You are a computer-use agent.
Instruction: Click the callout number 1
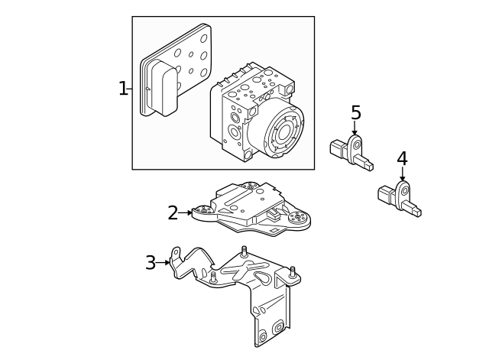click(x=123, y=89)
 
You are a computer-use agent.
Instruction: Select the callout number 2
click(x=173, y=213)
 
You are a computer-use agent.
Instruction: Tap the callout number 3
click(x=151, y=263)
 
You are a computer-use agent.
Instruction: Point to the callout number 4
click(x=402, y=159)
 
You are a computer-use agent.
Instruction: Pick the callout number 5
click(x=355, y=113)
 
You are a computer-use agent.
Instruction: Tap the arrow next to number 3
click(x=165, y=263)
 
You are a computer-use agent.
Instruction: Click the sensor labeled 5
click(x=351, y=151)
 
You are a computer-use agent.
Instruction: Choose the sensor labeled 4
click(x=399, y=197)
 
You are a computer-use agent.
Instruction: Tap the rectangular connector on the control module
click(x=163, y=88)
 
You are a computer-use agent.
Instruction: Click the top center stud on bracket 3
click(x=244, y=251)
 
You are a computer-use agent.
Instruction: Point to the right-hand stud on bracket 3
click(x=292, y=271)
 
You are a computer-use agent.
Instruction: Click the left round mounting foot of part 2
click(x=203, y=212)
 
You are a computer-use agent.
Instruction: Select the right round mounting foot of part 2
click(x=299, y=219)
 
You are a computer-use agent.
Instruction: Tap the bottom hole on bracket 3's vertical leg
click(x=263, y=336)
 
